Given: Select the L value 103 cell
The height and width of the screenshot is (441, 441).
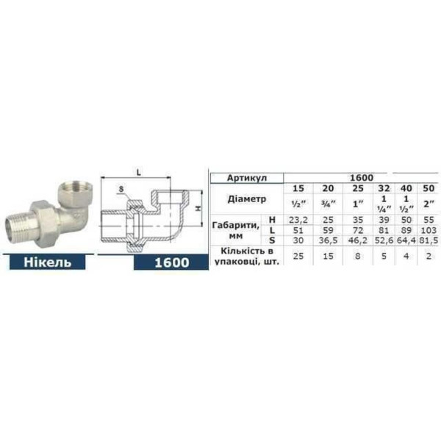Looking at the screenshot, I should [x=426, y=230].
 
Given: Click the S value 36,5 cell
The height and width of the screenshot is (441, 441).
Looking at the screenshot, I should [x=326, y=240].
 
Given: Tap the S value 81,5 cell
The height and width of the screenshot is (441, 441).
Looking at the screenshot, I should [x=426, y=240].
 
